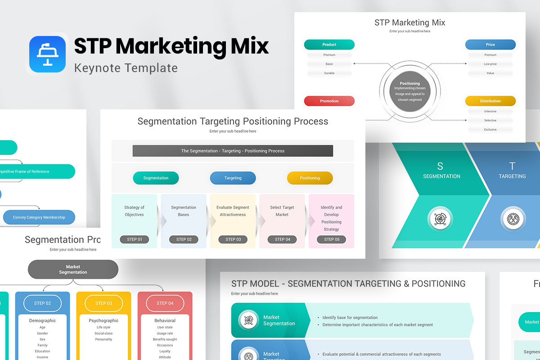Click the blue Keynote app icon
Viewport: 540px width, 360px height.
(47, 54)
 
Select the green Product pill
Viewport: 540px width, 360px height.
(329, 45)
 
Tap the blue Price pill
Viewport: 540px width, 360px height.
(490, 45)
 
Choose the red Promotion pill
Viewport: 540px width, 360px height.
(329, 101)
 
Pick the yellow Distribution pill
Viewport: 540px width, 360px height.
(490, 101)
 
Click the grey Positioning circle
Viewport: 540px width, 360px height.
(409, 91)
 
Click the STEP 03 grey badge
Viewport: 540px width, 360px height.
(233, 239)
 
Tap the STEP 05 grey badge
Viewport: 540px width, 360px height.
(332, 239)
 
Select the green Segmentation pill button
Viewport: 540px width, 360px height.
(156, 178)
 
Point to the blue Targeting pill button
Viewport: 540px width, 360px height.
(233, 178)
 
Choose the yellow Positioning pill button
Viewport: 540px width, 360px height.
(310, 178)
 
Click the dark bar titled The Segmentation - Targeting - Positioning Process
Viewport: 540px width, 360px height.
(233, 151)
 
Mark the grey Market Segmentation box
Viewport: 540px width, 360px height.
(73, 270)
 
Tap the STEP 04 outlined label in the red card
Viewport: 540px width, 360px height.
(165, 303)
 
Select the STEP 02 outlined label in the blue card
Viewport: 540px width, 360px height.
(42, 303)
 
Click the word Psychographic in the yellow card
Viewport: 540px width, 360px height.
(103, 321)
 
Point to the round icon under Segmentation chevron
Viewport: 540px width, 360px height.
(439, 219)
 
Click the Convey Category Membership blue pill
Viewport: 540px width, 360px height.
(39, 217)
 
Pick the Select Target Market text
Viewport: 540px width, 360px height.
(282, 211)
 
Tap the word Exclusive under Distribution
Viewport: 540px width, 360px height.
(490, 130)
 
